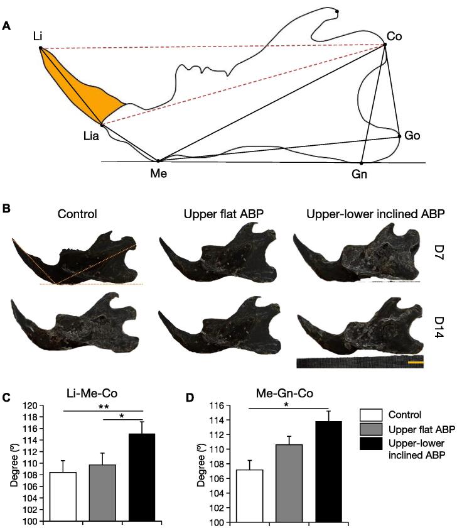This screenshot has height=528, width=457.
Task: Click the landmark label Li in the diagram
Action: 38,36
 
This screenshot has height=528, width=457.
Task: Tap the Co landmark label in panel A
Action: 394,36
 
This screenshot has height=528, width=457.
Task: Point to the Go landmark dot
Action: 399,136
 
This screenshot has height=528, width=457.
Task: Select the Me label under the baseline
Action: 158,173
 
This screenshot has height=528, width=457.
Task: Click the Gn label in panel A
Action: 359,174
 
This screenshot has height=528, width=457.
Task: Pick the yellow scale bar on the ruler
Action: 416,363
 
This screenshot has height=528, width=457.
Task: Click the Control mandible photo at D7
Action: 78,264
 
